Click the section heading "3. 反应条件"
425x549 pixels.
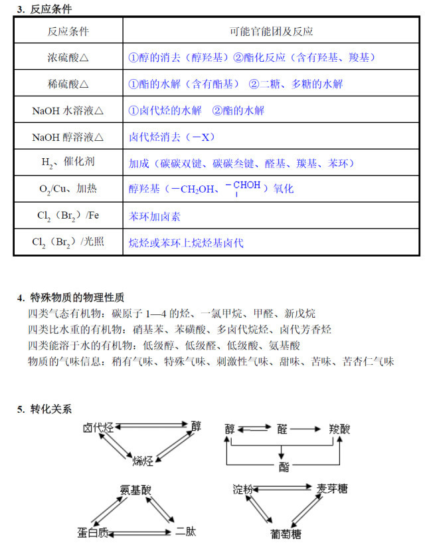(44, 9)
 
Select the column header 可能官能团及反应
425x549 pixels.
(271, 31)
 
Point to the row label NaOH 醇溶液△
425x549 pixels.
(68, 138)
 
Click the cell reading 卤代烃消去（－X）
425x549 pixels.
(171, 138)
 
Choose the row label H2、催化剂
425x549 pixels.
(68, 163)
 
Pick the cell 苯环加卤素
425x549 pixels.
(155, 216)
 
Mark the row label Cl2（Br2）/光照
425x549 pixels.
(68, 243)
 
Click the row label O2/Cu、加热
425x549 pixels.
(68, 189)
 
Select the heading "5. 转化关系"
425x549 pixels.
(44, 409)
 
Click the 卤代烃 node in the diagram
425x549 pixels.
(98, 427)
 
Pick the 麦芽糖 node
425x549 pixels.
(332, 489)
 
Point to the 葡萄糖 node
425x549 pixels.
(286, 534)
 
